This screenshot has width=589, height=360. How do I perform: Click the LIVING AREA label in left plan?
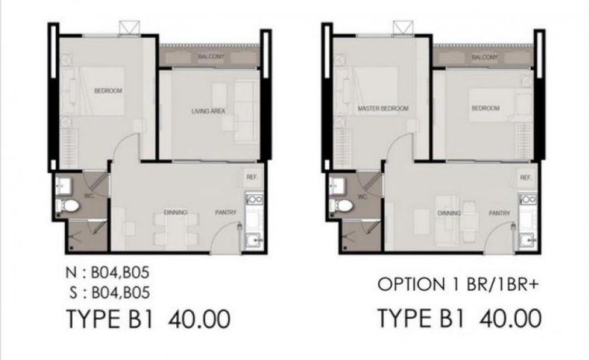click(x=208, y=111)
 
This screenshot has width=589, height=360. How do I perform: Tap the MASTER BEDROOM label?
click(x=383, y=109)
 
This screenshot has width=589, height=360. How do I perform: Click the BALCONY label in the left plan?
click(x=211, y=57)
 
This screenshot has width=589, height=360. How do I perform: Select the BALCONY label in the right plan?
click(x=484, y=57)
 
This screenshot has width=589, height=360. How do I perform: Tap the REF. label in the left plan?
click(x=252, y=177)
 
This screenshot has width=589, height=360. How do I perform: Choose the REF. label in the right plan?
click(x=526, y=178)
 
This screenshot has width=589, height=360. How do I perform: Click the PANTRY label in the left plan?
click(x=226, y=213)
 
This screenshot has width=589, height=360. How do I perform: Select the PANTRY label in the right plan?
click(x=499, y=213)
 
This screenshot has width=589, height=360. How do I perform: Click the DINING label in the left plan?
click(x=175, y=213)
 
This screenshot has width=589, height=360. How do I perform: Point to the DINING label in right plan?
click(x=449, y=213)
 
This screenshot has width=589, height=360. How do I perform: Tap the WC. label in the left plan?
click(x=89, y=196)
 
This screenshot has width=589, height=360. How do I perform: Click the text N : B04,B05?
click(x=107, y=273)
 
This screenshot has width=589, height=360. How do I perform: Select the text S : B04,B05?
click(x=109, y=292)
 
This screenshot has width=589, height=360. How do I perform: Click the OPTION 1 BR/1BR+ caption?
click(x=459, y=285)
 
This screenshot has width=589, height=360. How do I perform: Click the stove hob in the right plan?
click(x=528, y=199)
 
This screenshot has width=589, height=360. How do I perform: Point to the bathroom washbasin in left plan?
click(x=63, y=185)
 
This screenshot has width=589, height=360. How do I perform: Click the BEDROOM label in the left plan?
click(x=108, y=91)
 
